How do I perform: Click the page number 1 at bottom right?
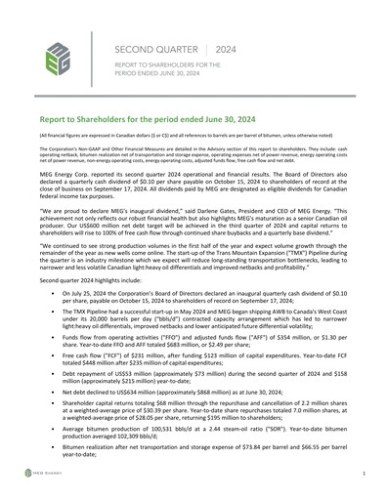[364, 473]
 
